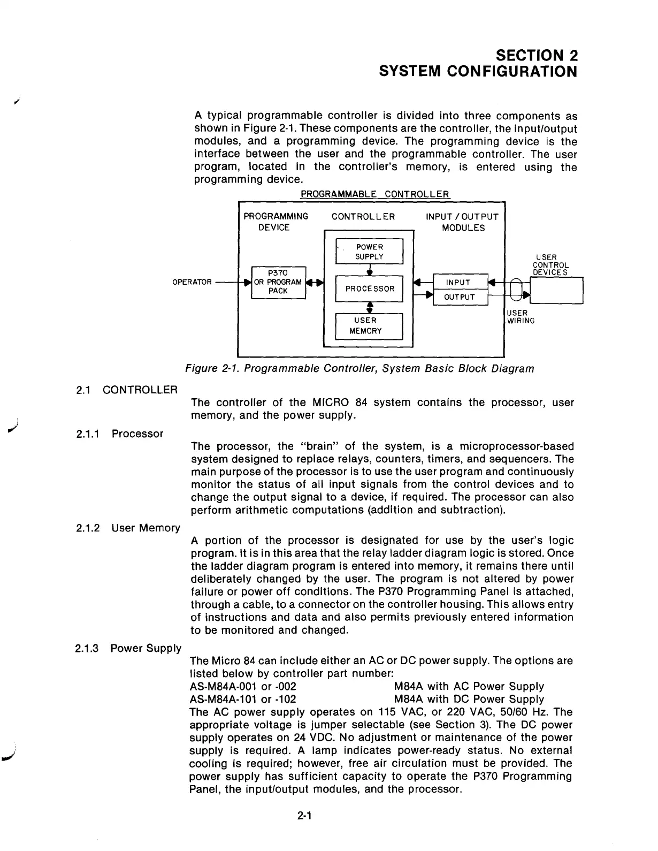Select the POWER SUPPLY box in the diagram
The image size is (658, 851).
click(369, 252)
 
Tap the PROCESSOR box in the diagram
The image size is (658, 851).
click(369, 288)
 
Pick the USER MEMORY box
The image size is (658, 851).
click(369, 325)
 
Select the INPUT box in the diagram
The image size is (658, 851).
click(458, 283)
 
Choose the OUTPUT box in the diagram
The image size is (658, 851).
click(460, 298)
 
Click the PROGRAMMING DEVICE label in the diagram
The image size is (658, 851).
click(276, 222)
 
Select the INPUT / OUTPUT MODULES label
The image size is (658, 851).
click(463, 222)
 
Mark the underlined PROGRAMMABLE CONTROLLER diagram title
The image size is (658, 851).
click(375, 194)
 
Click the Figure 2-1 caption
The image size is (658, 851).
click(359, 369)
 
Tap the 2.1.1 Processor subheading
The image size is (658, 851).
click(119, 434)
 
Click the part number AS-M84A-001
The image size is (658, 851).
click(224, 687)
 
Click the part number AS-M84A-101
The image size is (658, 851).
click(224, 700)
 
